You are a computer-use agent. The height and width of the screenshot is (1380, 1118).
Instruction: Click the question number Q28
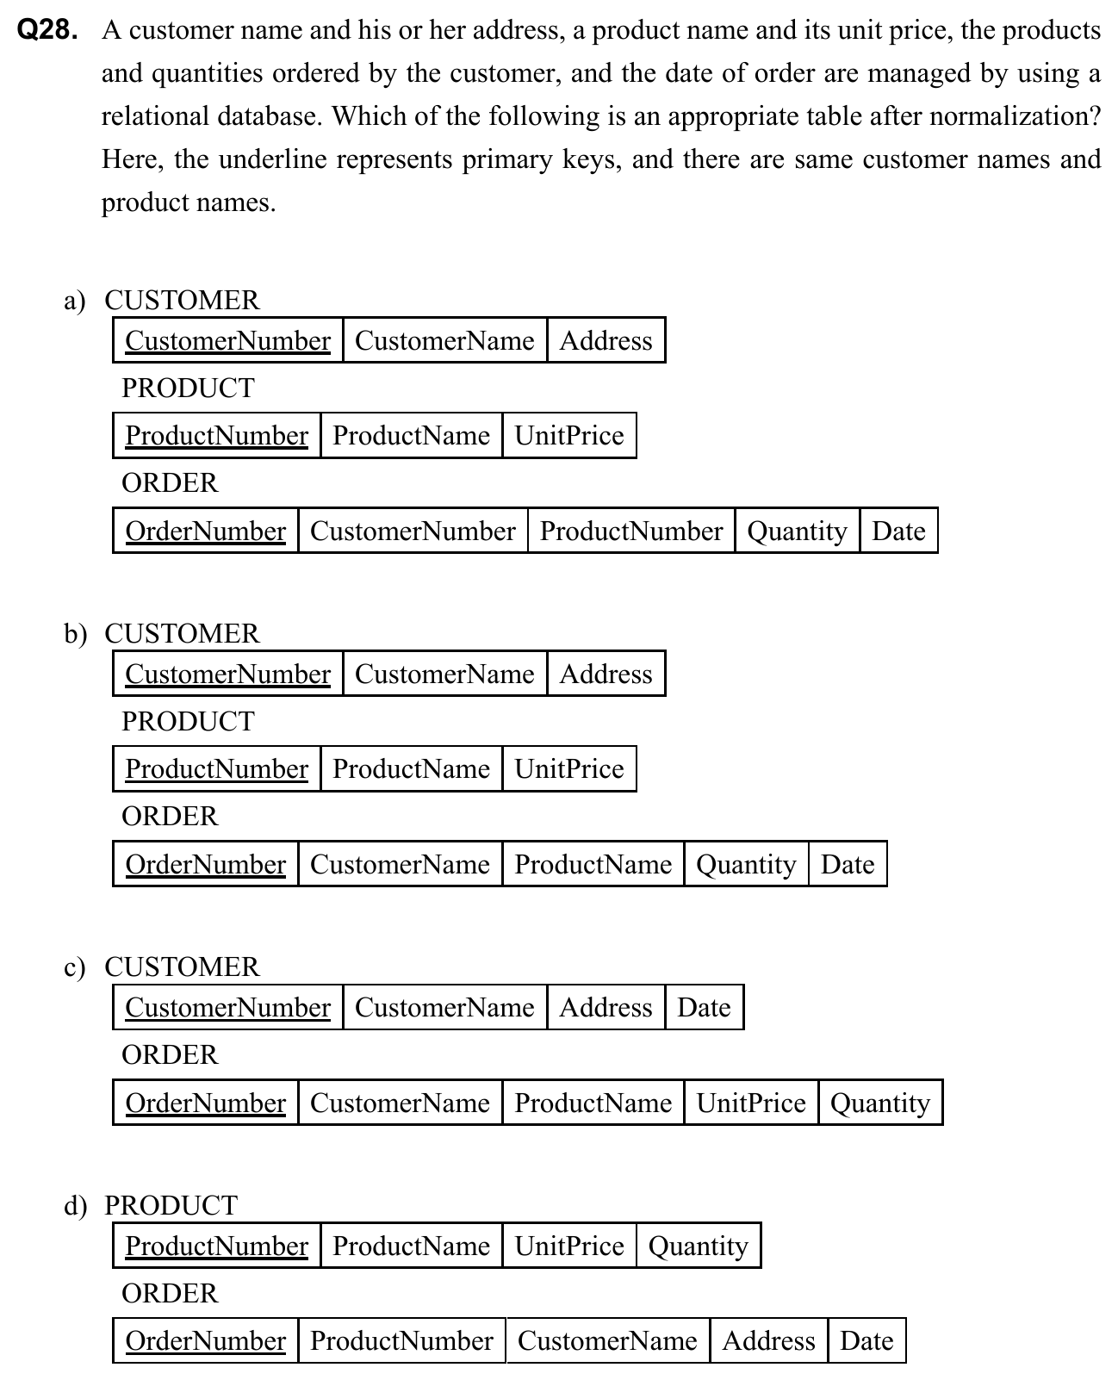pyautogui.click(x=47, y=31)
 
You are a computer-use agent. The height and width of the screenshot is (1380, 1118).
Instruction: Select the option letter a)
pyautogui.click(x=75, y=301)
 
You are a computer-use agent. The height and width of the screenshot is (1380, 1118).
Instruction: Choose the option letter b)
pyautogui.click(x=75, y=634)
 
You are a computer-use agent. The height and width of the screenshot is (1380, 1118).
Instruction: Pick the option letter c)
pyautogui.click(x=75, y=967)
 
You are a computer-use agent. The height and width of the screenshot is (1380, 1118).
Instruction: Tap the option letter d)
pyautogui.click(x=75, y=1206)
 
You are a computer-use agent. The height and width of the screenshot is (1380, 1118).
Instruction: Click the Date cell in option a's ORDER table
pyautogui.click(x=898, y=531)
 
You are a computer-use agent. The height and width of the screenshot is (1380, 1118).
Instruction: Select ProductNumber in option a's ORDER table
pyautogui.click(x=631, y=531)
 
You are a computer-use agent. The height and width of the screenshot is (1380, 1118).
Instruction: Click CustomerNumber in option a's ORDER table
pyautogui.click(x=413, y=531)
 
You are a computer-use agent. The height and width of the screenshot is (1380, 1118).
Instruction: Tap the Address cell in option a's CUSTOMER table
pyautogui.click(x=606, y=340)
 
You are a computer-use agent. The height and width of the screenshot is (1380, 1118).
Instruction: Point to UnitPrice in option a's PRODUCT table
pyautogui.click(x=568, y=435)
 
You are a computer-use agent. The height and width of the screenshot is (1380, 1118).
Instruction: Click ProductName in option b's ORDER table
pyautogui.click(x=593, y=864)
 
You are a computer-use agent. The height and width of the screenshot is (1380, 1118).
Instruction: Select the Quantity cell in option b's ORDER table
pyautogui.click(x=746, y=864)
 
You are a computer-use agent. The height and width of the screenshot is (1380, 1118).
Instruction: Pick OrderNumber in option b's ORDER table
pyautogui.click(x=205, y=864)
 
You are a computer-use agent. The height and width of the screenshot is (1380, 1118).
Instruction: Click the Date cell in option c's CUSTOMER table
pyautogui.click(x=704, y=1007)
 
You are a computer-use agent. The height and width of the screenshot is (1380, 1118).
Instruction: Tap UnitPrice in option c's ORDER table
pyautogui.click(x=751, y=1103)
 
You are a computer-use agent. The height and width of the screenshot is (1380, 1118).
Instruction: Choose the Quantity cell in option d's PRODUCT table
pyautogui.click(x=698, y=1246)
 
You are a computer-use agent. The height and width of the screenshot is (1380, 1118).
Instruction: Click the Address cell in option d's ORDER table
pyautogui.click(x=768, y=1340)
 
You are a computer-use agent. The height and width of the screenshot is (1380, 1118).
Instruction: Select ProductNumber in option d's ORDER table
pyautogui.click(x=401, y=1340)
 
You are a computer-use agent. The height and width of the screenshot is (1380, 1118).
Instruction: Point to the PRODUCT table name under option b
pyautogui.click(x=188, y=721)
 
